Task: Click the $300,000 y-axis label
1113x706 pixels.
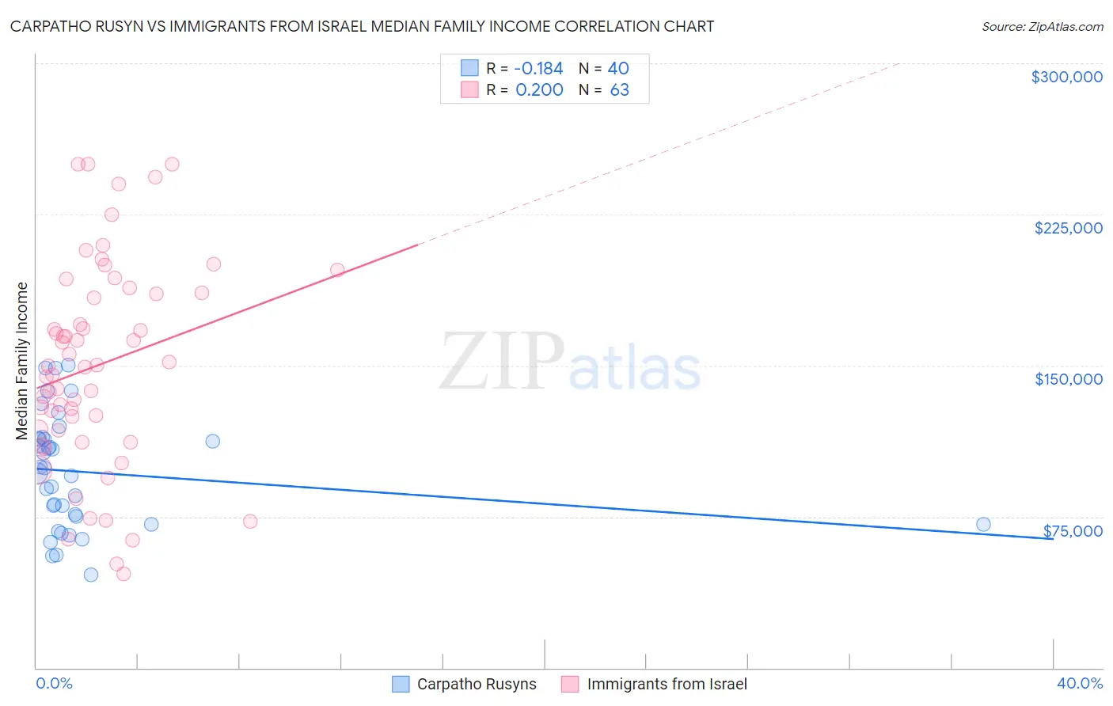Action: tap(1066, 77)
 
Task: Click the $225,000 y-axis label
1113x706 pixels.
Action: tap(1068, 228)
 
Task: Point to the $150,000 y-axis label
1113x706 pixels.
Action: tap(1068, 379)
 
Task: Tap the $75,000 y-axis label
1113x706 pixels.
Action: tap(1073, 531)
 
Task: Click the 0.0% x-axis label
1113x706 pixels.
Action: tap(54, 683)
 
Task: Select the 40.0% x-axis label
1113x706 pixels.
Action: tap(1079, 683)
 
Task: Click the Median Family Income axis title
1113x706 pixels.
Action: tap(22, 361)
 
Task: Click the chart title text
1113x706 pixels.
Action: tap(362, 26)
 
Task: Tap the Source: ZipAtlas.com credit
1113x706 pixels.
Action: tap(1042, 27)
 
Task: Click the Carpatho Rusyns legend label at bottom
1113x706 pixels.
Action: tap(477, 684)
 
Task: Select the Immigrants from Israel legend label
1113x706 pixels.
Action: tap(667, 684)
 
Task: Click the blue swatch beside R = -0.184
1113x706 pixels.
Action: tap(469, 68)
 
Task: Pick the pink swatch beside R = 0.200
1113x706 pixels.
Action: tap(469, 89)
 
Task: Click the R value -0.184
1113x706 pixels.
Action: tap(538, 68)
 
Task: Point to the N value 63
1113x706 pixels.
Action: tap(619, 89)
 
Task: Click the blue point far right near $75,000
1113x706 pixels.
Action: tap(983, 524)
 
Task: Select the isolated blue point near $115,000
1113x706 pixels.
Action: tap(212, 441)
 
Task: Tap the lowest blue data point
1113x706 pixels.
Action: tap(91, 575)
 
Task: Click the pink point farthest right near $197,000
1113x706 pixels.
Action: tap(337, 270)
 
